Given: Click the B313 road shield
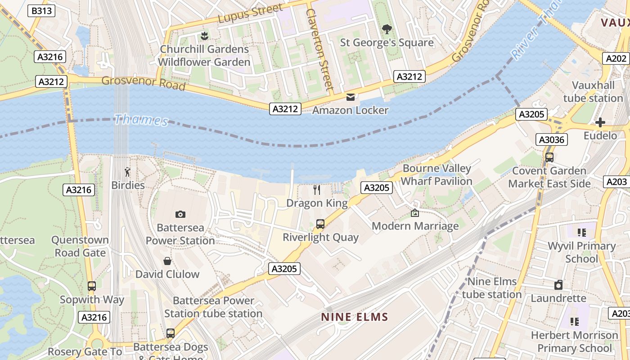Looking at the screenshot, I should [41, 11].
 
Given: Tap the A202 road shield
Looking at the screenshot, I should [616, 58].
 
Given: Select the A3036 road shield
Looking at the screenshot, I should [552, 139].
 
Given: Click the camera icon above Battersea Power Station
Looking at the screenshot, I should [180, 214].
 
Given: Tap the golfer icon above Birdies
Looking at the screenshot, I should [128, 172].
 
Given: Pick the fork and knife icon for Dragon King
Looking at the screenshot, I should [317, 190].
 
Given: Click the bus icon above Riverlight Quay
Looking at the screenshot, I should [320, 224].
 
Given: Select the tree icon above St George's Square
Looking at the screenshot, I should [387, 29].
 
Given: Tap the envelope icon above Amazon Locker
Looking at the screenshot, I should [351, 97].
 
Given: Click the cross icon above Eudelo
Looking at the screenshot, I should [600, 122].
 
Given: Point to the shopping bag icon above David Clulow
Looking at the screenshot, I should [167, 261].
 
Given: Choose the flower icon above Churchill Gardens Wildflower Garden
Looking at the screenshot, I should [204, 36].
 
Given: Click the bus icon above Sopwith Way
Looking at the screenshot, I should [92, 286].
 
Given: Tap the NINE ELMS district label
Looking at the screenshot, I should [354, 317].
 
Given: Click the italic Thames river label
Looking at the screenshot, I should [141, 120].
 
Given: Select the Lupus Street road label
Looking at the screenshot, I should [251, 13].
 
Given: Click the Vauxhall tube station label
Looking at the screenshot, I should [593, 92].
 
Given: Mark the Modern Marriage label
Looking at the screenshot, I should [415, 226].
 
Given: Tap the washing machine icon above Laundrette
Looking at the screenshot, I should [558, 285].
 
